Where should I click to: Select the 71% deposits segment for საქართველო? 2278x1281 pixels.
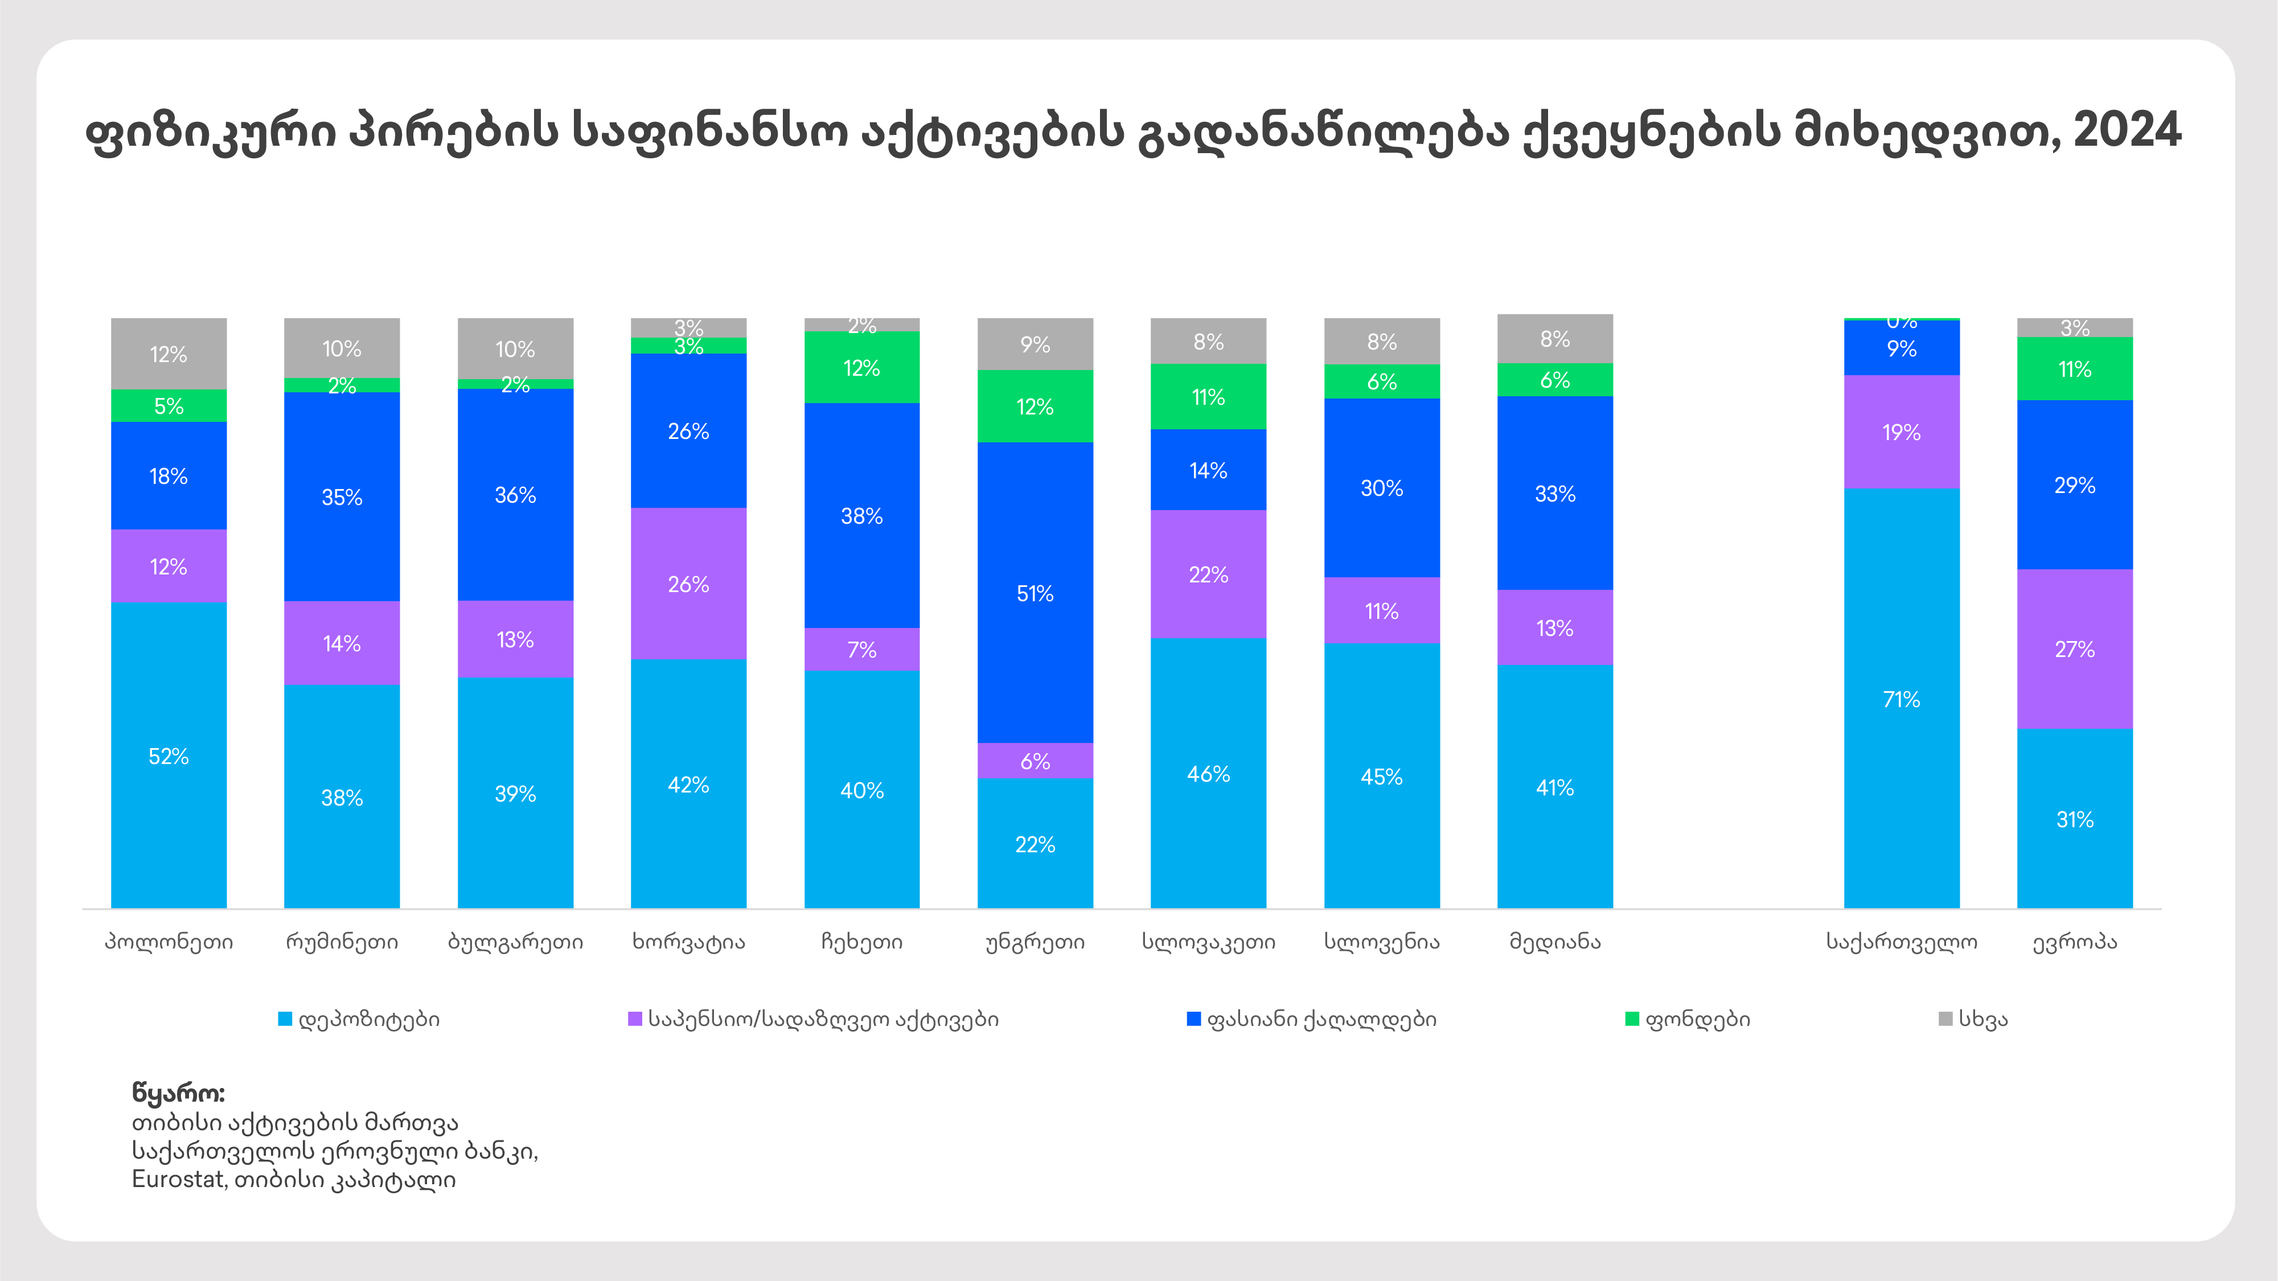[x=1901, y=699]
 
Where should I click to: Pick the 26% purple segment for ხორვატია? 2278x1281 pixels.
[x=688, y=584]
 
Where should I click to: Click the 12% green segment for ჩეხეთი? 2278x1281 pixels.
[x=861, y=368]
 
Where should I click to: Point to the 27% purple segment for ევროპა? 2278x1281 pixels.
[x=2075, y=649]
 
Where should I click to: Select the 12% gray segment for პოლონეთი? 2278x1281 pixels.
[x=168, y=354]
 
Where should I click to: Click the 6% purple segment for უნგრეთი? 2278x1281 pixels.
[x=1035, y=760]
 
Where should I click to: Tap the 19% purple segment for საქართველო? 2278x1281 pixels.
[x=1901, y=432]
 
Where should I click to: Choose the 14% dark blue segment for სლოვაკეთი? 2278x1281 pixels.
[x=1208, y=470]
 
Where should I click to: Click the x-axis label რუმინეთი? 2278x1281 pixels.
[x=342, y=942]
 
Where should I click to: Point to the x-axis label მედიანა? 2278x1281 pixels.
[x=1554, y=942]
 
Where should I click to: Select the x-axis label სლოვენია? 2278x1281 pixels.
[x=1381, y=942]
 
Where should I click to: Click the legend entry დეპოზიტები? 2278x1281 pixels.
[x=368, y=1019]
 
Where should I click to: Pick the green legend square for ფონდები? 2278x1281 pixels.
[x=1632, y=1019]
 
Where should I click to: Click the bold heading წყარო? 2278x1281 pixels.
[x=179, y=1094]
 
